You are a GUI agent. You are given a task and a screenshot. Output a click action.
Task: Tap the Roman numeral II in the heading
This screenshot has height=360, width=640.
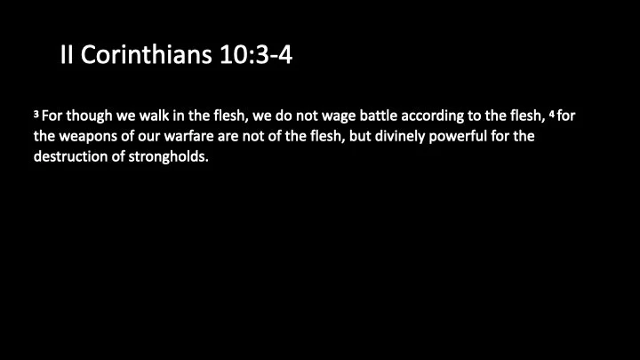pyautogui.click(x=68, y=56)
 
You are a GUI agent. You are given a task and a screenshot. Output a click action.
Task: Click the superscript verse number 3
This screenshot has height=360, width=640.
pyautogui.click(x=36, y=114)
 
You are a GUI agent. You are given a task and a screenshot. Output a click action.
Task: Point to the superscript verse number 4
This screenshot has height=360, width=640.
pyautogui.click(x=551, y=114)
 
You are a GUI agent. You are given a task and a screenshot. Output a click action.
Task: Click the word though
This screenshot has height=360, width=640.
pyautogui.click(x=94, y=116)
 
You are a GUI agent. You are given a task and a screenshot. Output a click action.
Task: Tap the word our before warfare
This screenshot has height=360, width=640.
pyautogui.click(x=165, y=138)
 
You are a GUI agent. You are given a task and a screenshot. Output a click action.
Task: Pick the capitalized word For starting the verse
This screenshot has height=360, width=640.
pyautogui.click(x=53, y=116)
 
